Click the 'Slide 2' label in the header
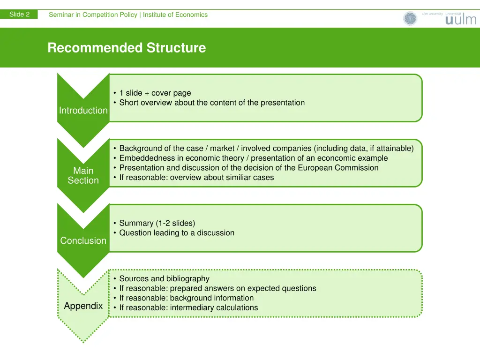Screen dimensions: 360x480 19,15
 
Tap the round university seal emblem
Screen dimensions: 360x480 410,19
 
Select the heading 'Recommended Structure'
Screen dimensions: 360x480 127,48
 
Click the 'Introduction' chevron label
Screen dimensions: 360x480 83,111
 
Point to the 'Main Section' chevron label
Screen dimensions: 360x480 83,176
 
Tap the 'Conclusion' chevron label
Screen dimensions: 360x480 83,240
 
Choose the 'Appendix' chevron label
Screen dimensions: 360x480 83,306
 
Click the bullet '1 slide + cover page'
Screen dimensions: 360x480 155,93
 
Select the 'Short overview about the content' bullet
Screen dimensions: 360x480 212,103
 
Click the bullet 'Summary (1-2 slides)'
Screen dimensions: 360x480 157,223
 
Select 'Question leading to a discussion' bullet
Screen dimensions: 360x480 177,233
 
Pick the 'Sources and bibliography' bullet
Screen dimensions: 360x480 164,279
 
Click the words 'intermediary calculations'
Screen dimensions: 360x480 214,307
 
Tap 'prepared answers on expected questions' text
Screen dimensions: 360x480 243,288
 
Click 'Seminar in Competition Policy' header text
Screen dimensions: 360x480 93,15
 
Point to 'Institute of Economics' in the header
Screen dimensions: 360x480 175,15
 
